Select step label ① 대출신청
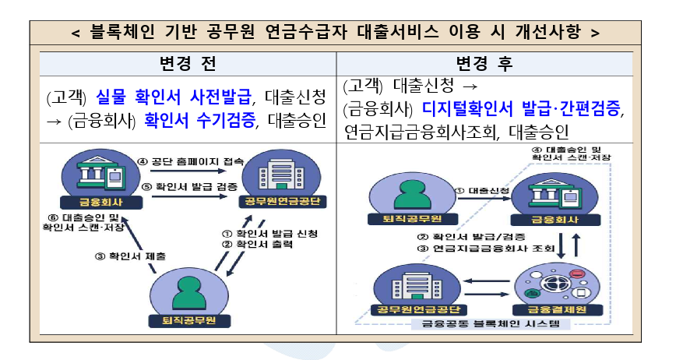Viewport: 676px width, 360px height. [x=481, y=189]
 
